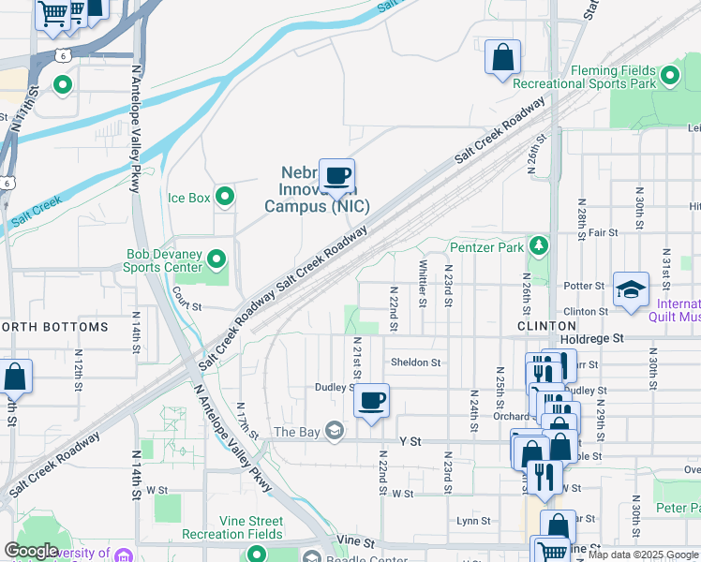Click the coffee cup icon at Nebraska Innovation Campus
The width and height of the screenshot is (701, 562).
pyautogui.click(x=337, y=175)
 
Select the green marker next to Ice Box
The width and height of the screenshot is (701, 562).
pyautogui.click(x=225, y=197)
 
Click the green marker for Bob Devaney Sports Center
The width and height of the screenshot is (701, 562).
pyautogui.click(x=217, y=258)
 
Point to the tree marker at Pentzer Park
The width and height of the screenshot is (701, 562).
pyautogui.click(x=538, y=246)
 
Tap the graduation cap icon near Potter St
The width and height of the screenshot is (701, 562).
pyautogui.click(x=631, y=288)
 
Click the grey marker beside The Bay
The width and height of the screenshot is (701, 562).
pyautogui.click(x=335, y=431)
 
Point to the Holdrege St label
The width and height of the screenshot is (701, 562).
pyautogui.click(x=591, y=337)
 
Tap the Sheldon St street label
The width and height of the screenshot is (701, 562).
pyautogui.click(x=415, y=362)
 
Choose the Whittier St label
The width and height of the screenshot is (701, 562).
pyautogui.click(x=423, y=283)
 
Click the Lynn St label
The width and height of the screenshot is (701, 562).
pyautogui.click(x=473, y=521)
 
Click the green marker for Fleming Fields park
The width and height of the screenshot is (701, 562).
pyautogui.click(x=669, y=75)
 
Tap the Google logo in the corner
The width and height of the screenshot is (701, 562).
pyautogui.click(x=32, y=550)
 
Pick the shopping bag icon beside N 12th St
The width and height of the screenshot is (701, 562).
pyautogui.click(x=16, y=377)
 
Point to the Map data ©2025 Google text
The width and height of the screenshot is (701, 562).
pyautogui.click(x=643, y=555)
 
